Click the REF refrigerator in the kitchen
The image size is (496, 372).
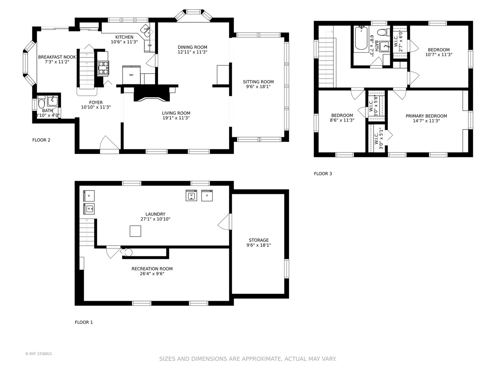pyautogui.click(x=131, y=75)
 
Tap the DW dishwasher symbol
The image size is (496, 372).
pyautogui.click(x=149, y=45)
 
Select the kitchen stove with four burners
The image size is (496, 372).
pyautogui.click(x=103, y=68)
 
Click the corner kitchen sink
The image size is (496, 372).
pyautogui.click(x=145, y=31)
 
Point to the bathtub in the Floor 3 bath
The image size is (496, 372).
pyautogui.click(x=361, y=38)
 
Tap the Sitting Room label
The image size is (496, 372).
pyautogui.click(x=258, y=82)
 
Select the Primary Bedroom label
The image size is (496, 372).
pyautogui.click(x=426, y=116)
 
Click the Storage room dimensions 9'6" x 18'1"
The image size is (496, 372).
pyautogui.click(x=259, y=245)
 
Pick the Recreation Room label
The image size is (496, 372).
pyautogui.click(x=152, y=269)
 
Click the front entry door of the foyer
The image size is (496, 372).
pyautogui.click(x=110, y=145)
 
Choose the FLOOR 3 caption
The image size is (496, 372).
pyautogui.click(x=323, y=174)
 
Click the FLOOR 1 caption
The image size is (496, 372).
pyautogui.click(x=84, y=322)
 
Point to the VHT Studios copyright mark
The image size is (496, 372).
pyautogui.click(x=39, y=354)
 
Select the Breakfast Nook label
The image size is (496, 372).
pyautogui.click(x=57, y=57)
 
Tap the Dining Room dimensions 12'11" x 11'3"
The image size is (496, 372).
pyautogui.click(x=192, y=52)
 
